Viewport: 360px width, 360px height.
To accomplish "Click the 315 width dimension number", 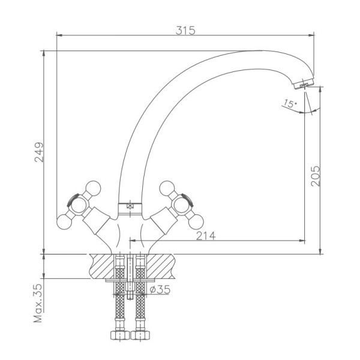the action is tap(185, 31).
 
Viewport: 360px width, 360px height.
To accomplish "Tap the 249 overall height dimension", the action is tap(39, 152).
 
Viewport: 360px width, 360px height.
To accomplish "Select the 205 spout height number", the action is tap(315, 176).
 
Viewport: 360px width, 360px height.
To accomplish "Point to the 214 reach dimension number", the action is tap(206, 236).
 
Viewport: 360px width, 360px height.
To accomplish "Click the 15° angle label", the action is tap(290, 104).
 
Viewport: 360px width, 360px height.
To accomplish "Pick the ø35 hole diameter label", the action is tap(160, 290).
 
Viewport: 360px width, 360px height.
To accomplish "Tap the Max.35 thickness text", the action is tap(38, 303).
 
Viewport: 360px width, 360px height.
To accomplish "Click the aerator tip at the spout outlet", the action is tap(304, 84).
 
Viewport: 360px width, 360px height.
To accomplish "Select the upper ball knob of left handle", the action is tap(93, 188).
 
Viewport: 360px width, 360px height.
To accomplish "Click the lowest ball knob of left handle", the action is tap(64, 222).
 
